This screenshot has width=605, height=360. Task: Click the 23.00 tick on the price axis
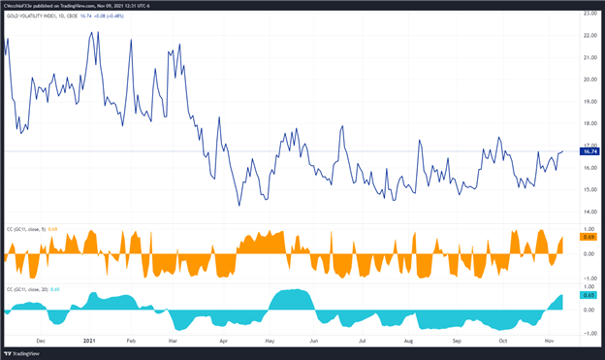coord(589,13)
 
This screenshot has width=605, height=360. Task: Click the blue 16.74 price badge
coord(589,151)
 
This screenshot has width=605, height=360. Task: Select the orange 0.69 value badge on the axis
coord(588,237)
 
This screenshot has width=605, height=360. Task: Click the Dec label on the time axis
coord(40,342)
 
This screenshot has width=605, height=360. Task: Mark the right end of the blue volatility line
coord(562,151)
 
